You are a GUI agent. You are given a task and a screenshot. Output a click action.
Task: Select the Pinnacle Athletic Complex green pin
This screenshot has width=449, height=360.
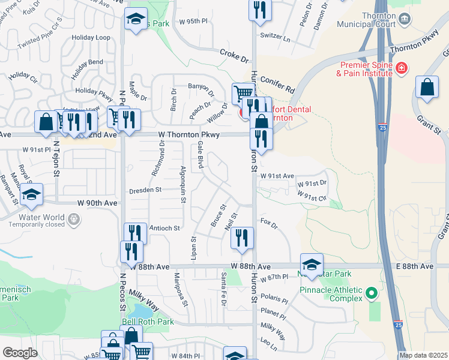click(x=372, y=293)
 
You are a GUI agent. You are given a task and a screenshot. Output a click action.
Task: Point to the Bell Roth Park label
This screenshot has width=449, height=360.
click(x=148, y=322)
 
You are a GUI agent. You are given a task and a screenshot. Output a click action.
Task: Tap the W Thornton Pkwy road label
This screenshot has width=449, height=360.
click(x=189, y=135)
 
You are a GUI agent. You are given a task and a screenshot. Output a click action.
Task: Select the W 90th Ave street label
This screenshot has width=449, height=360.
click(x=97, y=203)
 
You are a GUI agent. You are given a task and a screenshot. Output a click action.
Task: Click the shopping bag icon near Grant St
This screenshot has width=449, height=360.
click(x=427, y=88)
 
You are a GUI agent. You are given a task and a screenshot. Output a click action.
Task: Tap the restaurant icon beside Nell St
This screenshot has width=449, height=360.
click(x=242, y=238)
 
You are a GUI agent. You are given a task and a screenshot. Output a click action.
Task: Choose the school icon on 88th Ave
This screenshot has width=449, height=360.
click(x=312, y=264)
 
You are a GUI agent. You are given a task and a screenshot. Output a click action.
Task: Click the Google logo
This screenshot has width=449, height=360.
click(x=20, y=353)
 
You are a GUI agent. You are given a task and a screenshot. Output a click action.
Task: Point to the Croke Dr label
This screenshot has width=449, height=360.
click(x=234, y=57)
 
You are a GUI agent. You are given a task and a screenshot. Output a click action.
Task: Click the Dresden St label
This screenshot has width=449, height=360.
click(x=145, y=190)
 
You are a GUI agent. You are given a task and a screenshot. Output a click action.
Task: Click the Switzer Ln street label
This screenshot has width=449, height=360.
click(x=275, y=35)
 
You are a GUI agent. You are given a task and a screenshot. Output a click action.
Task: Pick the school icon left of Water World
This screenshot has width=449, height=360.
click(x=32, y=194)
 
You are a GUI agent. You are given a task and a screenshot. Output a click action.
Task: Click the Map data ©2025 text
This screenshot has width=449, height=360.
click(x=423, y=355)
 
